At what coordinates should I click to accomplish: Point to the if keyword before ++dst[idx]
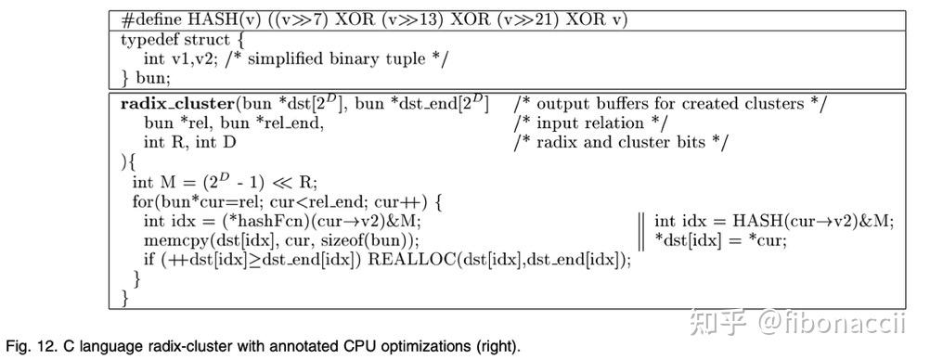point(149,260)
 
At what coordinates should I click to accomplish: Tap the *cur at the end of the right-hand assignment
point(769,239)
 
